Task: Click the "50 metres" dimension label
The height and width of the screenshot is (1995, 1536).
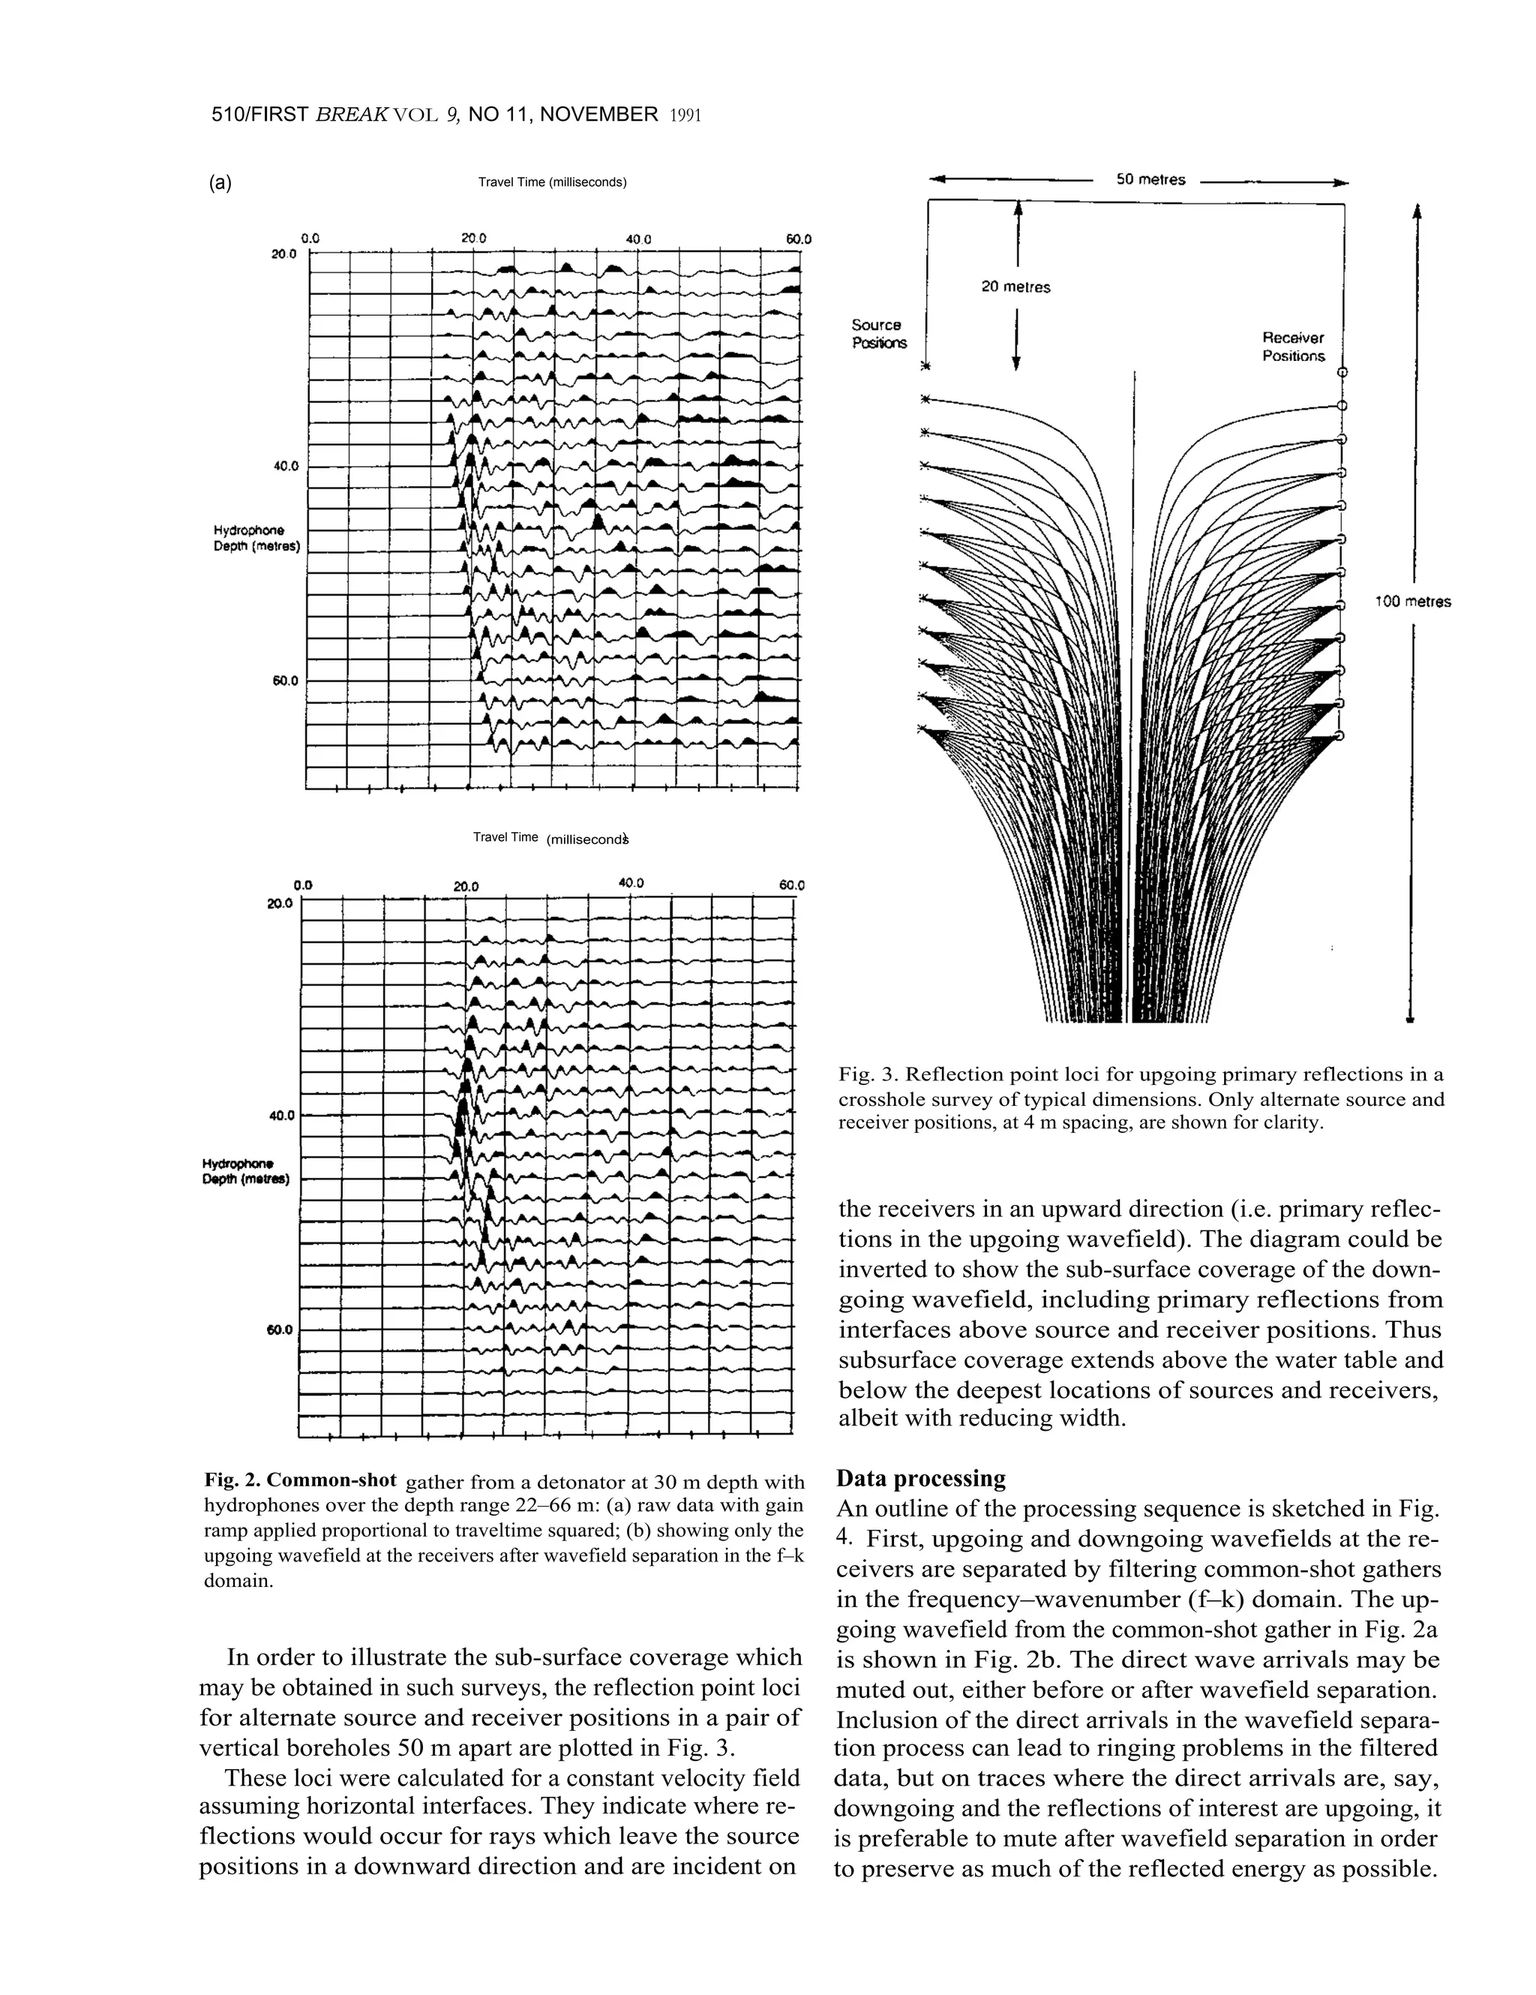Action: click(1150, 180)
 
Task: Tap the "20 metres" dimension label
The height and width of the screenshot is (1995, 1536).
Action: click(1015, 287)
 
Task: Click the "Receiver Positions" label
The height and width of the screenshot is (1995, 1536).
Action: click(1292, 347)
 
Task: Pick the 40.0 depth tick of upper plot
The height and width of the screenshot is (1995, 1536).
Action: click(286, 466)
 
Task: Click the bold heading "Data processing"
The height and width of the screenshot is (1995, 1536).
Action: click(920, 1478)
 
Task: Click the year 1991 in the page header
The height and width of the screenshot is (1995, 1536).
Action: click(684, 116)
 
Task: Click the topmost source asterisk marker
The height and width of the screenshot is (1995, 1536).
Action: click(925, 367)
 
